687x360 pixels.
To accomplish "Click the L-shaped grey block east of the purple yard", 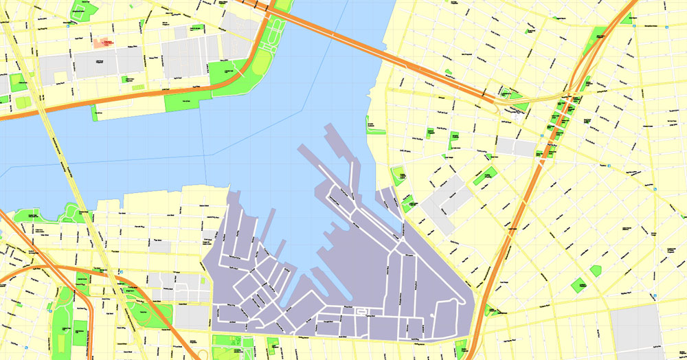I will tap(445, 200).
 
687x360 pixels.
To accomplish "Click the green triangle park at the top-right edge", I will tap(627, 19).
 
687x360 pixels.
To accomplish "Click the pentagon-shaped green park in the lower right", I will tap(596, 271).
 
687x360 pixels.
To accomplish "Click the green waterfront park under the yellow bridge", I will tap(69, 213).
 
